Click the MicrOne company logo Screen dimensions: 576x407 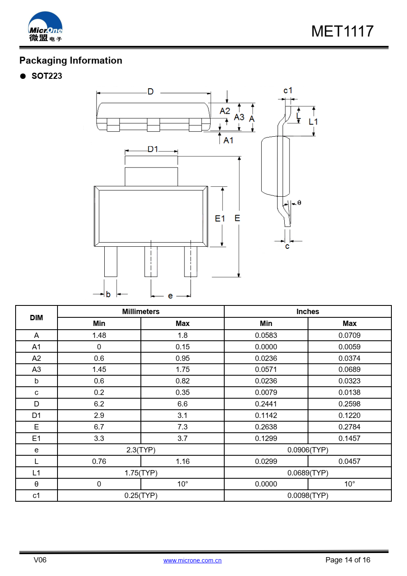tap(45, 27)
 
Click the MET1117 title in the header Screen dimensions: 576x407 tap(342, 32)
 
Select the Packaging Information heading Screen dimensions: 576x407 tap(71, 61)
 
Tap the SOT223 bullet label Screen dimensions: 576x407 tap(47, 76)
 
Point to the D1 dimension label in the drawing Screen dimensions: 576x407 tap(153, 149)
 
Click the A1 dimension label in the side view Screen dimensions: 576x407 tap(228, 140)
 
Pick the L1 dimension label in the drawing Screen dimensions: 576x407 tap(313, 122)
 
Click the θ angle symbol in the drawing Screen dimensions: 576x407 tap(299, 202)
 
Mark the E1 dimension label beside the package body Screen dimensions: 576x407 tap(220, 218)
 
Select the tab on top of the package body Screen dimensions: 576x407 tap(151, 177)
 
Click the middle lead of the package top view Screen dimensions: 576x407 tap(151, 262)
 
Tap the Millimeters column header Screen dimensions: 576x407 tap(140, 312)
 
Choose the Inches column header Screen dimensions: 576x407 tap(308, 312)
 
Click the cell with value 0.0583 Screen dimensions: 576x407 tap(266, 335)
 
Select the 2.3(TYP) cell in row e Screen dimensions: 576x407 tap(140, 450)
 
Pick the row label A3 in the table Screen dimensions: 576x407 tap(36, 369)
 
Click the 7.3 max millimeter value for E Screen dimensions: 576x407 tap(182, 427)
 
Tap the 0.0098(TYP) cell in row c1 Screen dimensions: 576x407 tap(308, 496)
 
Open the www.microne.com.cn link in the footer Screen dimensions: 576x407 tap(192, 560)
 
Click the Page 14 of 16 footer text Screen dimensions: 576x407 tap(347, 560)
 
